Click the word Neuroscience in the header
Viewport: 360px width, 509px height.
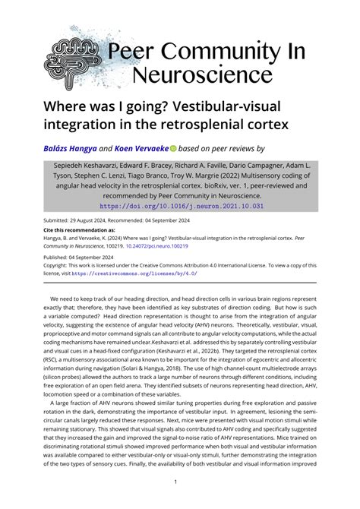pos(202,73)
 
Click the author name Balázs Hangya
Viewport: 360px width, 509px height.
pos(74,149)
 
